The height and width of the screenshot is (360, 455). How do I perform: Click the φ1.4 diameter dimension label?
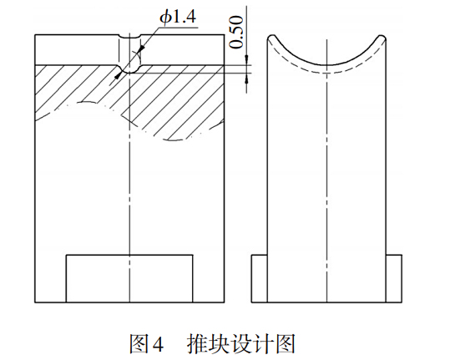coord(178,18)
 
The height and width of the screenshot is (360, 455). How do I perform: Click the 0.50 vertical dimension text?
coord(236,32)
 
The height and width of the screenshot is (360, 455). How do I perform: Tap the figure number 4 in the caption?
coord(158,345)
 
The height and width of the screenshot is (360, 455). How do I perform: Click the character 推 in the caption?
coord(197,344)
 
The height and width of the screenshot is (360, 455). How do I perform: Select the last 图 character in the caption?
coord(286,344)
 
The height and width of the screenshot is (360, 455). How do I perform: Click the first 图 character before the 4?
coord(139,344)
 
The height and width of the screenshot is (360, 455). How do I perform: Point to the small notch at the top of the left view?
coord(129,37)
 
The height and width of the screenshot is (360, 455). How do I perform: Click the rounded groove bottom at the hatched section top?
coord(129,69)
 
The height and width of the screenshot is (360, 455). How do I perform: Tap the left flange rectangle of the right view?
coord(259,279)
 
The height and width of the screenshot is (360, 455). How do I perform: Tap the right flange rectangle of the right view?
coord(394,279)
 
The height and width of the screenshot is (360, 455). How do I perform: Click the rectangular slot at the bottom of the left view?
coord(129,279)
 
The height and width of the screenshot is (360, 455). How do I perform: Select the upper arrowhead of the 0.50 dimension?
coord(246,60)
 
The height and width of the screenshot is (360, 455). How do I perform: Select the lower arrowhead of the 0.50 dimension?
coord(246,78)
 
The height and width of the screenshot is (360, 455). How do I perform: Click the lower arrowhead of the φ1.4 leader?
coord(118,75)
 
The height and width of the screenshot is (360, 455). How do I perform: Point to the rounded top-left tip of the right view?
coord(271,37)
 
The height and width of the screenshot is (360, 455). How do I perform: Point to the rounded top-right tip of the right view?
coord(382,37)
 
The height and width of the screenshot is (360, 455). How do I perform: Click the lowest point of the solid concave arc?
coord(326,65)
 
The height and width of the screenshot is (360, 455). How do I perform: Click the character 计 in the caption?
coord(264,344)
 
